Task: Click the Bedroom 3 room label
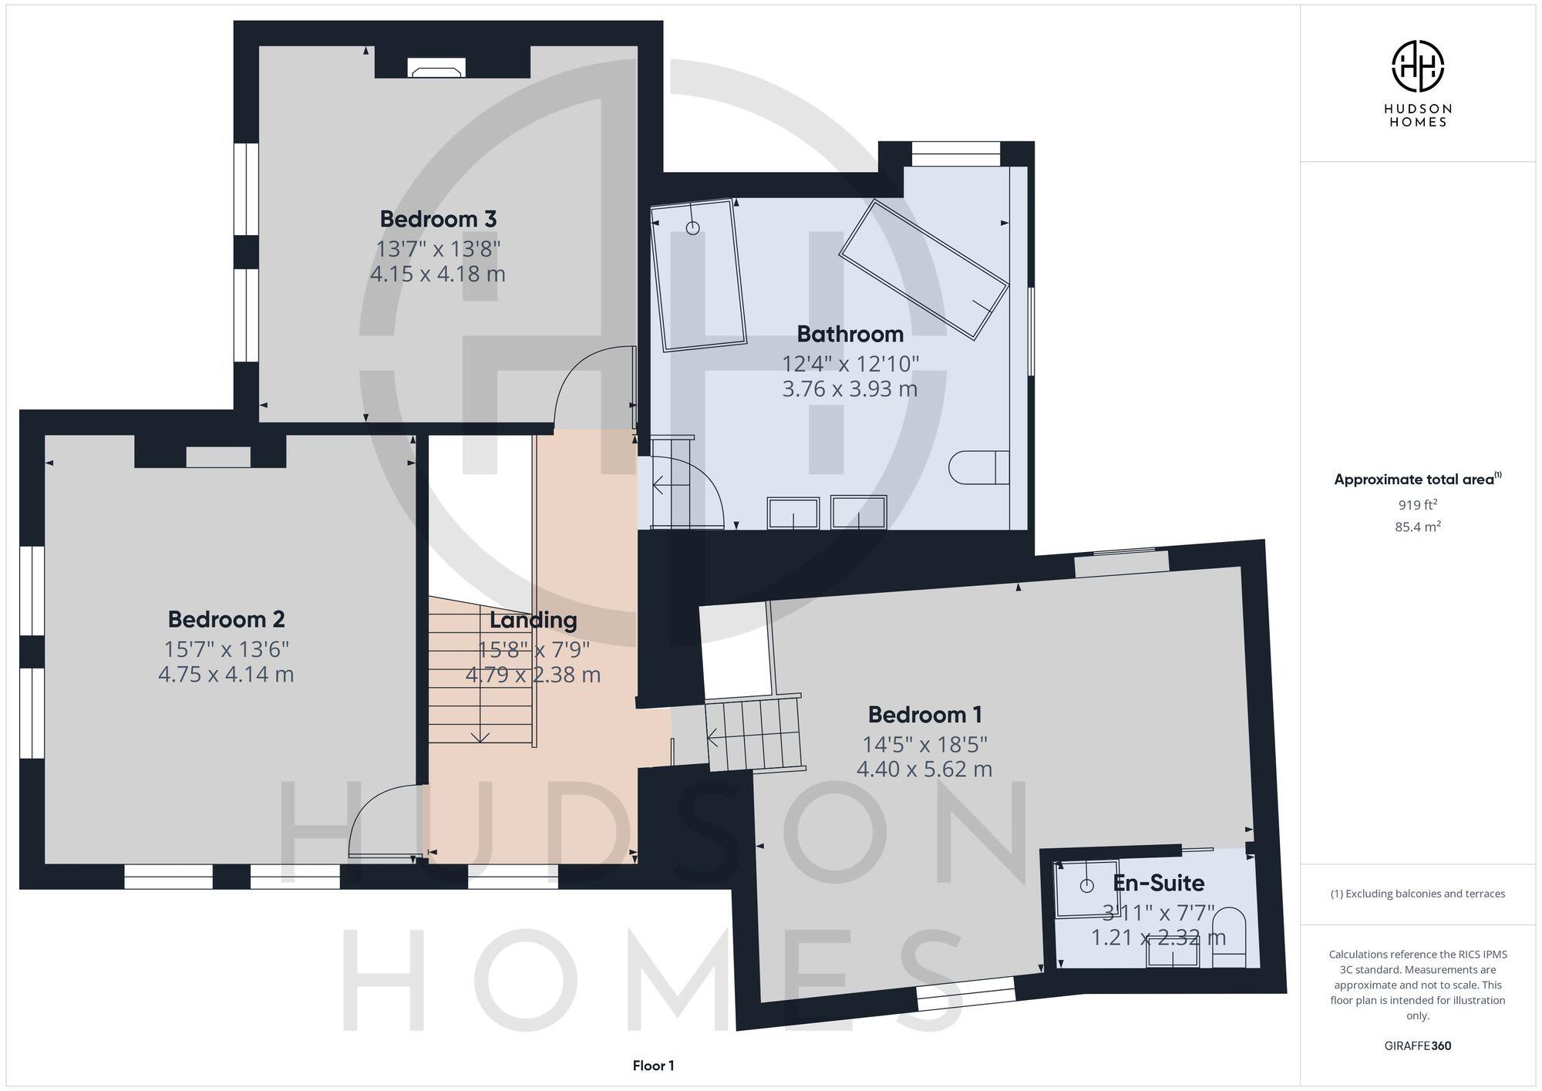click(438, 219)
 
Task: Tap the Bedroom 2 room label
click(226, 619)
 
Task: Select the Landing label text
click(533, 620)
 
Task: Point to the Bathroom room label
click(850, 334)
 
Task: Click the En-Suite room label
click(1158, 883)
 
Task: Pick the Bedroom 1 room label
click(924, 715)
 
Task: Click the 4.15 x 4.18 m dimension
click(438, 274)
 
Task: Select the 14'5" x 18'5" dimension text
click(924, 745)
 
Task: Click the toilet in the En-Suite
click(1229, 937)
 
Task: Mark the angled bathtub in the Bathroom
click(924, 269)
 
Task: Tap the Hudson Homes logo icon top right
click(1417, 66)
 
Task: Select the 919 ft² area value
click(1417, 505)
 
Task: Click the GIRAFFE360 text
click(1417, 1046)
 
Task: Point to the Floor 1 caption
click(653, 1066)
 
